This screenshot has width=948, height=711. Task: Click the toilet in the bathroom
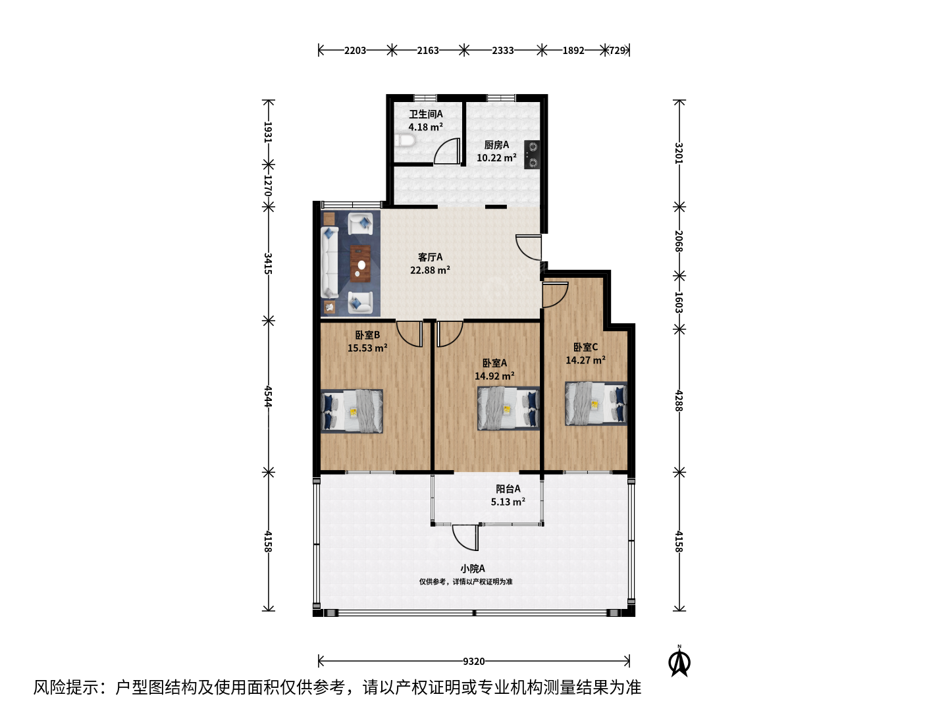click(404, 141)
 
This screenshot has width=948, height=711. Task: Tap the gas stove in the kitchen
click(532, 155)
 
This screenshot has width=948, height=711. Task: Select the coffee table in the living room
click(360, 264)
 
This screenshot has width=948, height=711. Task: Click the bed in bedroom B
click(352, 411)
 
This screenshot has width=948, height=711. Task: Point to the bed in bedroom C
click(596, 404)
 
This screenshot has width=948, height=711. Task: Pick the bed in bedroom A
click(508, 408)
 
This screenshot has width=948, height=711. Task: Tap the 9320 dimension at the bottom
click(474, 662)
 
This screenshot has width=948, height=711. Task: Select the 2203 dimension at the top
click(355, 51)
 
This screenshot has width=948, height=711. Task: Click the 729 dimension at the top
click(617, 51)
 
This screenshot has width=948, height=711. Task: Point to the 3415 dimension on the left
click(268, 263)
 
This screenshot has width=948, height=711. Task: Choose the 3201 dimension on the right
click(679, 153)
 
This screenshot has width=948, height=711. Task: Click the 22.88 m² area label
click(430, 270)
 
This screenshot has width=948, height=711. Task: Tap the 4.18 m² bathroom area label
click(426, 127)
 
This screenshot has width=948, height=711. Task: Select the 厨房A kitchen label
click(496, 145)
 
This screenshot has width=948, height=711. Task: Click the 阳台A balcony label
click(508, 488)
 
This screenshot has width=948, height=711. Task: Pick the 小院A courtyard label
click(473, 569)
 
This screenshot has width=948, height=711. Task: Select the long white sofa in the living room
click(330, 263)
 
